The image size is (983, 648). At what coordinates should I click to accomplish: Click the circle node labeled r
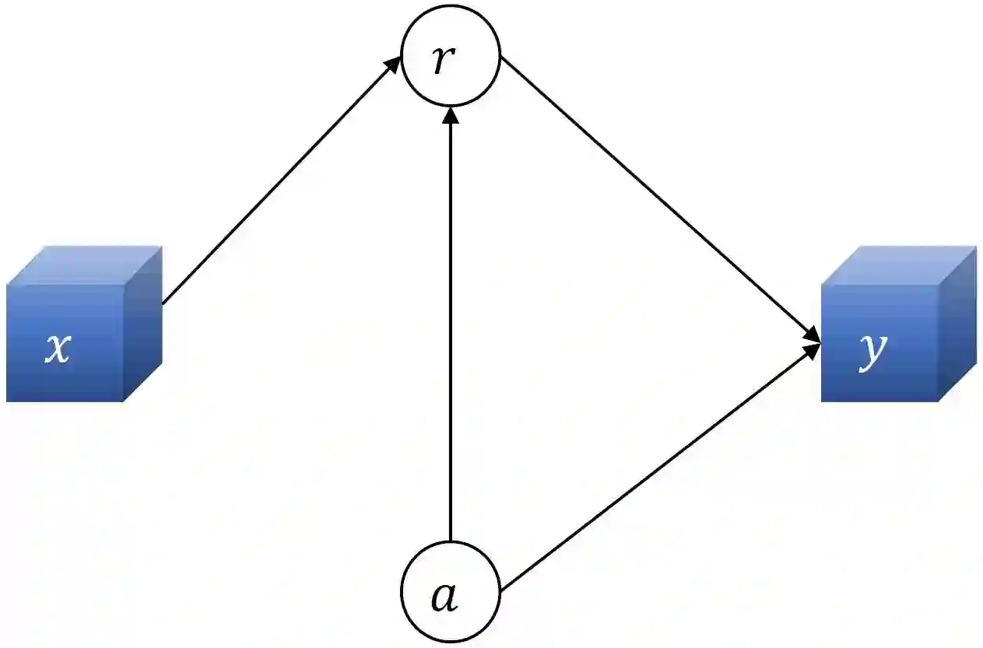[450, 55]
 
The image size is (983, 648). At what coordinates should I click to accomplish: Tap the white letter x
[57, 350]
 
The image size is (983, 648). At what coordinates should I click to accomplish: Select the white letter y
[872, 352]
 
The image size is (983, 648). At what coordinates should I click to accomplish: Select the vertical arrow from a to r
[450, 327]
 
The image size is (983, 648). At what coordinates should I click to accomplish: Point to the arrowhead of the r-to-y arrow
[813, 337]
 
